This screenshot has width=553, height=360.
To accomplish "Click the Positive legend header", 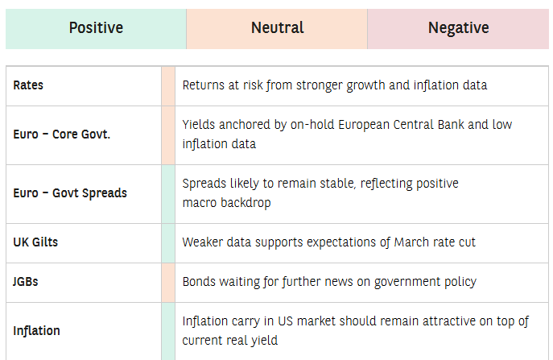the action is point(96,28).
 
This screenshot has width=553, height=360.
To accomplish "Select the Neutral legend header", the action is point(277,28).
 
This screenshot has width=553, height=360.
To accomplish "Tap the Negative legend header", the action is point(459,28).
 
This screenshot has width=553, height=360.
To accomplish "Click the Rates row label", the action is point(28,85).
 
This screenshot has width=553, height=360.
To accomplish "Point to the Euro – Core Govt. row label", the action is point(62,134).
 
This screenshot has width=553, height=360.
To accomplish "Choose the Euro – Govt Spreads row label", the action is point(70,193).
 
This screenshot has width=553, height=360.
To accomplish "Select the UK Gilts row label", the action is point(35,242).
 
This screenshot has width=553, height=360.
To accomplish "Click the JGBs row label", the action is point(26,282).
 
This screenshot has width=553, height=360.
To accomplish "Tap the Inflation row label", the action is point(36,331).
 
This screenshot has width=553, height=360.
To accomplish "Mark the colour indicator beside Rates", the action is point(168,86).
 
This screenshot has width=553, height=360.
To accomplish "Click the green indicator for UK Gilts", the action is point(168,243).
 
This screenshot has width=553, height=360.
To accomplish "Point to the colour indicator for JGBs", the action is point(168,283).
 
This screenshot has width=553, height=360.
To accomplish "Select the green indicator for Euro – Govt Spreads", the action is point(168,194).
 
